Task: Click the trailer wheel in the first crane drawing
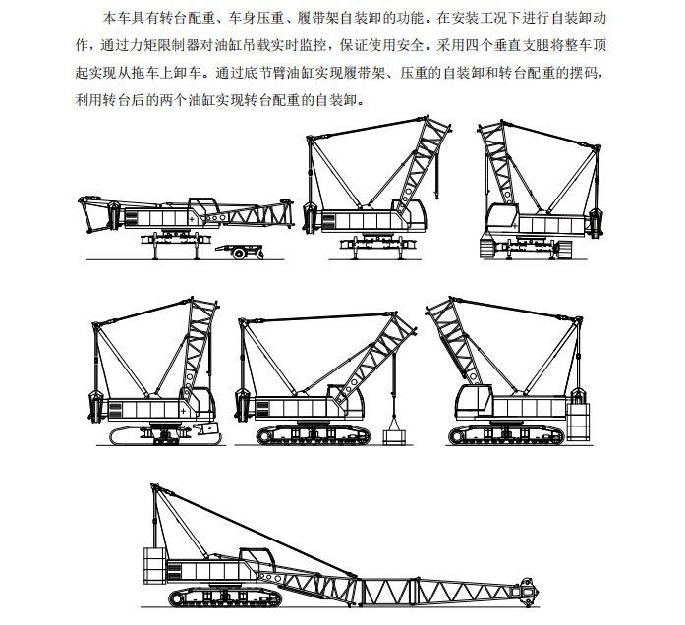point(239,254)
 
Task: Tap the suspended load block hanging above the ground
point(394,437)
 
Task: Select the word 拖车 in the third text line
point(145,73)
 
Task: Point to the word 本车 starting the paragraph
point(116,19)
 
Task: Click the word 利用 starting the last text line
point(89,100)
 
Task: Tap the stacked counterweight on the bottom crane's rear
point(155,565)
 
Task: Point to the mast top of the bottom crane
point(153,486)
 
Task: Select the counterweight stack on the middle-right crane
point(578,422)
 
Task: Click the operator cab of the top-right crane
point(501,218)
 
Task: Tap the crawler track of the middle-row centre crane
point(314,435)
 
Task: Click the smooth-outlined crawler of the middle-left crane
point(165,436)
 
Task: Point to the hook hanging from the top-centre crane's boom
point(436,193)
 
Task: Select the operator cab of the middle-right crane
point(474,401)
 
